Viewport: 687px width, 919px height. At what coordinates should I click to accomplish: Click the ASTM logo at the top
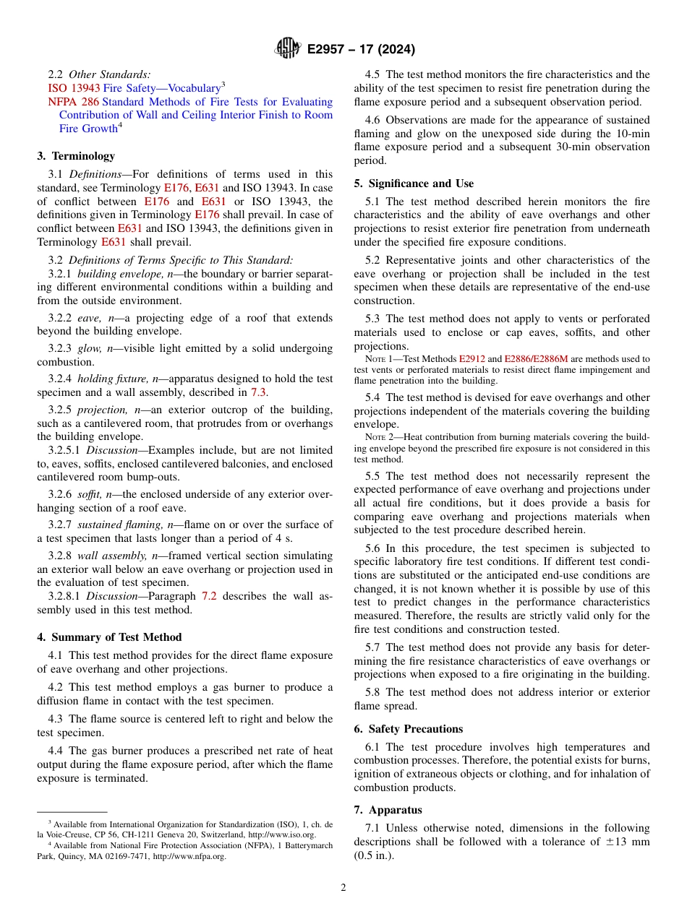pos(288,48)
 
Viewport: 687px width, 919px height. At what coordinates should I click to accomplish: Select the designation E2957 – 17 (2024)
pos(361,49)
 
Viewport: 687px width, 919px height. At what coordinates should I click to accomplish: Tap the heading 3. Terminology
pos(76,156)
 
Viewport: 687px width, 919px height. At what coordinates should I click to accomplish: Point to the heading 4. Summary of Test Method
pos(109,637)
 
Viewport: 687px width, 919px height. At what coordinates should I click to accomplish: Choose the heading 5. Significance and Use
pos(414,184)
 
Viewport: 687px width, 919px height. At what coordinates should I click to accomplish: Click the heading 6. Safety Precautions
pos(408,729)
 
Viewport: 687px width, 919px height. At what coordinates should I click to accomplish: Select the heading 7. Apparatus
pos(388,810)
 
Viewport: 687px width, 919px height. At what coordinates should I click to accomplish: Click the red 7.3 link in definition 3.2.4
pos(258,393)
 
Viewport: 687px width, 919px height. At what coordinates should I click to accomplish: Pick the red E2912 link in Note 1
pos(472,359)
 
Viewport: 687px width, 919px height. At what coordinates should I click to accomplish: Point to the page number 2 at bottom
pos(343,888)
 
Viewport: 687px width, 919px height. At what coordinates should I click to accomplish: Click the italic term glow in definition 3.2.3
pos(89,348)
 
